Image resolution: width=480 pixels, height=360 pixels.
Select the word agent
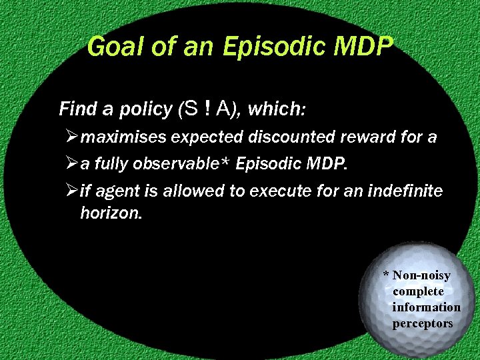117,192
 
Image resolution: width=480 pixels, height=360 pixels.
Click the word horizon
110,213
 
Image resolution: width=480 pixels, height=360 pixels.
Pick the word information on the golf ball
426,307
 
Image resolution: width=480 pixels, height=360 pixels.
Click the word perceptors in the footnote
423,323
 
